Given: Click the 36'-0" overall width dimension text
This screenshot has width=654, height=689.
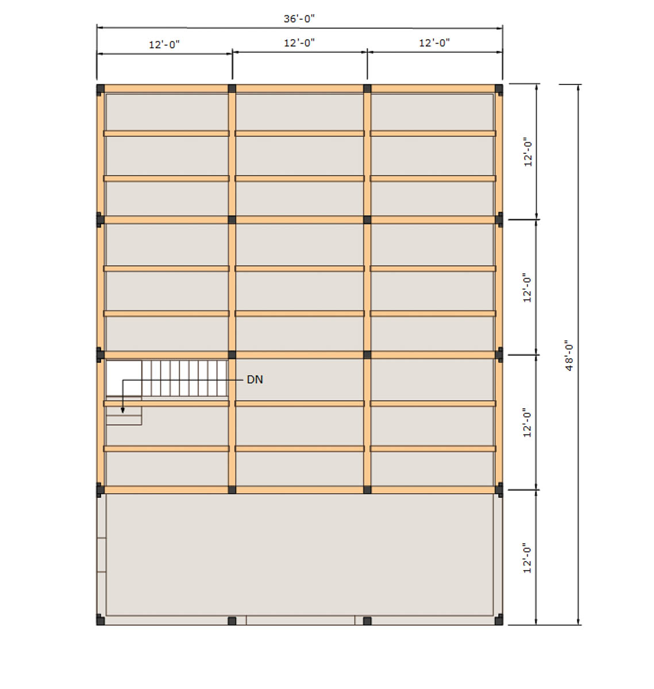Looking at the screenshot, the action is (x=299, y=18).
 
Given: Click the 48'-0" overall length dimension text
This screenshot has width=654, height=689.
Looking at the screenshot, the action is (x=569, y=355).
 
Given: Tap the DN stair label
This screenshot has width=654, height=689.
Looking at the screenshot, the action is (x=255, y=380).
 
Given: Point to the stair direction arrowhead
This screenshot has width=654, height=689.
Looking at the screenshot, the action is (x=122, y=410).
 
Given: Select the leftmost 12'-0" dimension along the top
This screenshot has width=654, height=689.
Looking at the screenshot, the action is (x=164, y=45).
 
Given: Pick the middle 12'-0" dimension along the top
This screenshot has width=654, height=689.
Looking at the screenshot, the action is (x=299, y=42).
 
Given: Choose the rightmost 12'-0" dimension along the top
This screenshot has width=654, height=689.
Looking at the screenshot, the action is (x=434, y=42).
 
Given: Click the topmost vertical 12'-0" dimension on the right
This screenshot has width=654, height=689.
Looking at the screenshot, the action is (x=528, y=152).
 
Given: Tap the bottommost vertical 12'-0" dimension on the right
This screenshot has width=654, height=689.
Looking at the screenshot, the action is (x=527, y=558).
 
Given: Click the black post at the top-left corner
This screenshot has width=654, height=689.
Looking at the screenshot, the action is (x=101, y=90).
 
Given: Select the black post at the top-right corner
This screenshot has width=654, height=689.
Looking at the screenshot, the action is (x=499, y=90).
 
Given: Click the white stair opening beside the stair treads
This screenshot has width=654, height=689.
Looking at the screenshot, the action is (x=124, y=378).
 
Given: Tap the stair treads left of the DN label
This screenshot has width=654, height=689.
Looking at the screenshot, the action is (x=184, y=378).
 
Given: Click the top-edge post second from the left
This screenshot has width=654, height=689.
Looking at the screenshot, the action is (x=232, y=88).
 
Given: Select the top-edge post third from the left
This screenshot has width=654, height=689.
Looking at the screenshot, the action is (x=367, y=88).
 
